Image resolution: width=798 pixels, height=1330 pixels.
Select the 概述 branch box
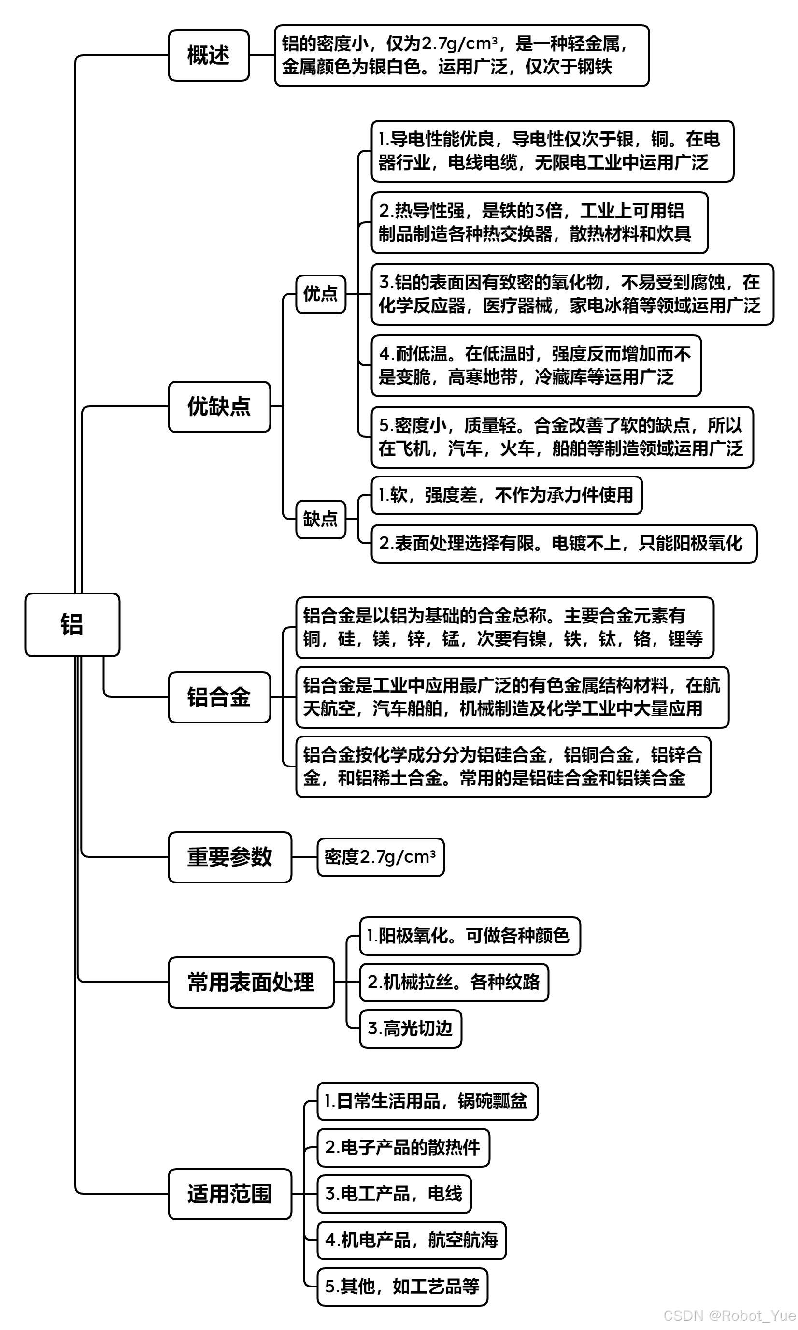[x=209, y=56]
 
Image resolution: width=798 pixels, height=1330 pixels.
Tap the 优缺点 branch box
[x=219, y=407]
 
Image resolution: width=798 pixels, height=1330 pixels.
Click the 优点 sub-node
[x=320, y=294]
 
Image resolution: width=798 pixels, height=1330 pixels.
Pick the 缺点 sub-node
[x=320, y=519]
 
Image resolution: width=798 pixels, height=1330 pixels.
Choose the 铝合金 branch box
[x=219, y=697]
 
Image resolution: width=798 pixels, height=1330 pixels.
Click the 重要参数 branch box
[x=229, y=857]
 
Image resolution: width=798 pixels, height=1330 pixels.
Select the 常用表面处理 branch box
[x=251, y=982]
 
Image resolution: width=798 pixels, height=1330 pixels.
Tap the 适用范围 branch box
[x=229, y=1194]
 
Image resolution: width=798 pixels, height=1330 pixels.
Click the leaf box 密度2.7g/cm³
[x=380, y=857]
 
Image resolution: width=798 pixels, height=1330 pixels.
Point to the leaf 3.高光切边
[x=410, y=1028]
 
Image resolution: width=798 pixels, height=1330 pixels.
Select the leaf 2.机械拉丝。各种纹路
[x=454, y=982]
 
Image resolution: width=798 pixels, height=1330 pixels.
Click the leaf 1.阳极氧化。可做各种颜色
[x=470, y=936]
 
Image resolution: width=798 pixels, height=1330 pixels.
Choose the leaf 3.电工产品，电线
[x=394, y=1194]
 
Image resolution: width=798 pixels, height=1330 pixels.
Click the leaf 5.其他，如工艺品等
[x=402, y=1287]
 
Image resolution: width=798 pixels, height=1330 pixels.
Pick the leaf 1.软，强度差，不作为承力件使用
[x=507, y=495]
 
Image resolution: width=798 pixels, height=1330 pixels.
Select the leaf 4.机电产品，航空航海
[x=412, y=1240]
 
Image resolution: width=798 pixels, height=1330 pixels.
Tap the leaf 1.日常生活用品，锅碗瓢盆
[x=427, y=1101]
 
